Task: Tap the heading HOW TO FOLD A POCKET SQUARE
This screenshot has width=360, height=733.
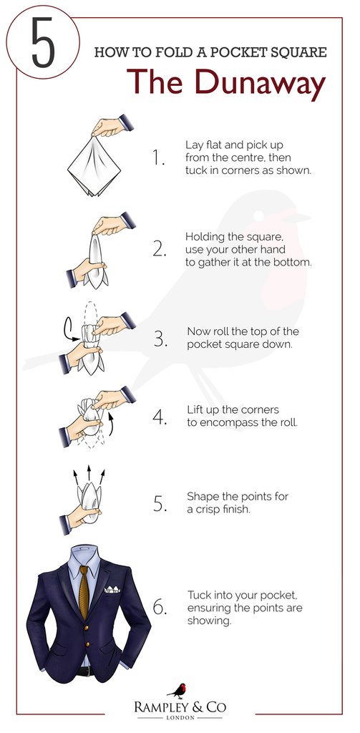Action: tap(210, 52)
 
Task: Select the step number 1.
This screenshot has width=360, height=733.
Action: tap(158, 157)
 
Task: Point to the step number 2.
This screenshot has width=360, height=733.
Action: tap(159, 250)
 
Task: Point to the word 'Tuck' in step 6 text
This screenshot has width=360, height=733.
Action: tap(199, 594)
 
